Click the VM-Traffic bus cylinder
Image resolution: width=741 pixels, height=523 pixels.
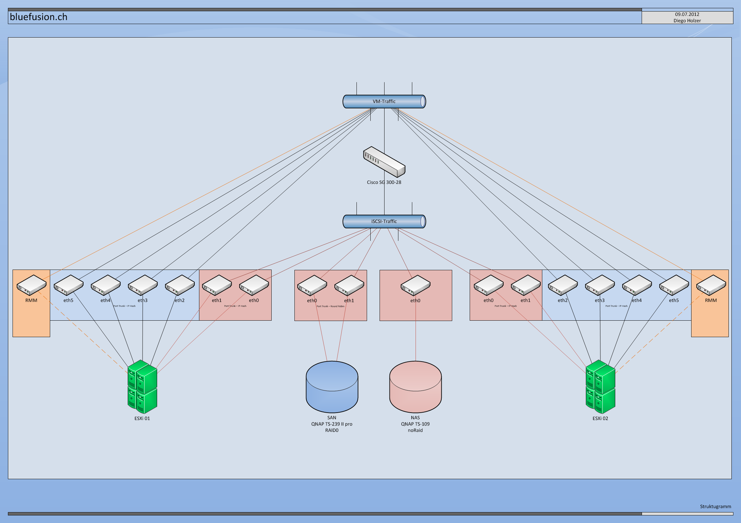click(x=384, y=102)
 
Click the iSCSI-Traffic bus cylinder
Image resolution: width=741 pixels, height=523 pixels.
click(x=384, y=221)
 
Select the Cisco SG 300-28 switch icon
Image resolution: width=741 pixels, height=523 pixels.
click(x=384, y=162)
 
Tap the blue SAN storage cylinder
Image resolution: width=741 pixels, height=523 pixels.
click(x=332, y=387)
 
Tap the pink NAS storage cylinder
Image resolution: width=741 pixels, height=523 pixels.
click(x=415, y=387)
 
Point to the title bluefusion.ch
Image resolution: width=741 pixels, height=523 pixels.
click(x=39, y=17)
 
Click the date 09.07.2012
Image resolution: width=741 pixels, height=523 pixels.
click(x=687, y=14)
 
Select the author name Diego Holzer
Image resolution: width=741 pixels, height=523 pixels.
click(x=687, y=20)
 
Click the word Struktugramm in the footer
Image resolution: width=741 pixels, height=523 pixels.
click(x=715, y=506)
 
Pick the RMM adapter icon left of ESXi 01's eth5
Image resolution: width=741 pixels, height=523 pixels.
click(x=31, y=285)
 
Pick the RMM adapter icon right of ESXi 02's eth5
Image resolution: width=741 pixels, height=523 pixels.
click(x=711, y=285)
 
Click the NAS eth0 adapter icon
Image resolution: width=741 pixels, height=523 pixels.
click(x=415, y=285)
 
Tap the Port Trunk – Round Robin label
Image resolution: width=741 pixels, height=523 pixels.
click(x=330, y=306)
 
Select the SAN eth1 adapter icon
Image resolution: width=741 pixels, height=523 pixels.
click(x=349, y=285)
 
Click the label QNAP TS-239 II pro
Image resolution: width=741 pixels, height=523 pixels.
click(x=332, y=424)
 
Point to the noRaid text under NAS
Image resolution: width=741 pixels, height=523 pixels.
click(x=415, y=430)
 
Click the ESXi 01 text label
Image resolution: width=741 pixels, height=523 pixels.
click(x=142, y=418)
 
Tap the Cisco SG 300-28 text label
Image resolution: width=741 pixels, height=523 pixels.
click(x=384, y=182)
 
